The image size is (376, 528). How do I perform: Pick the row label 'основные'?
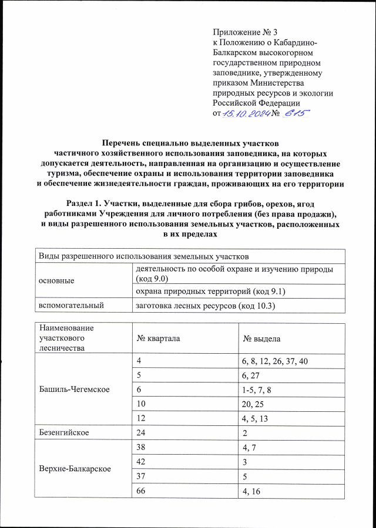(56, 280)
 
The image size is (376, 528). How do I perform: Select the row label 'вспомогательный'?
(71, 305)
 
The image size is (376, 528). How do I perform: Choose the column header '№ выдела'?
(261, 339)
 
